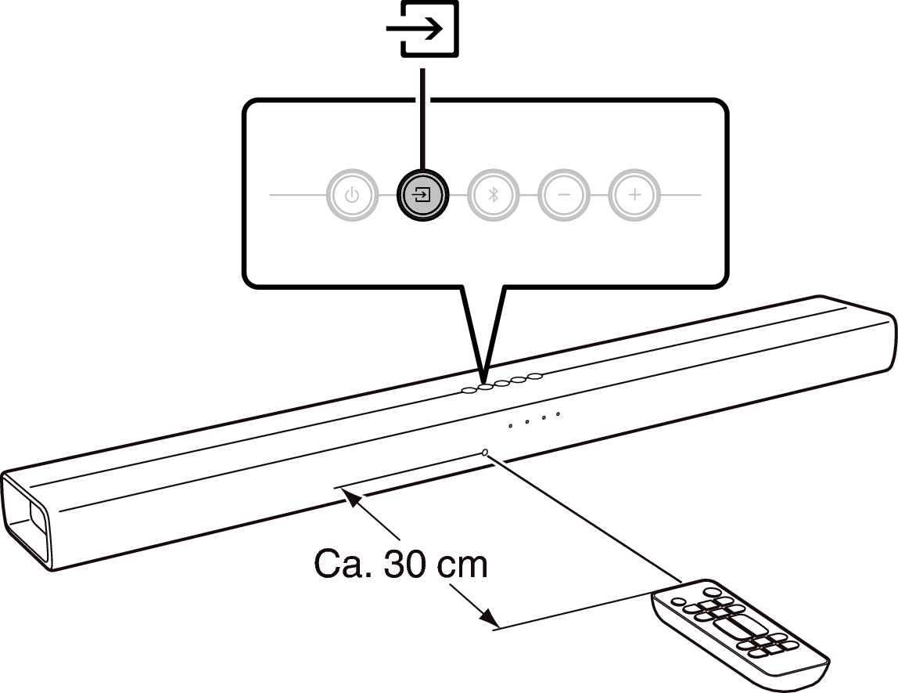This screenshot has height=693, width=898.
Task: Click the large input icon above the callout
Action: [422, 28]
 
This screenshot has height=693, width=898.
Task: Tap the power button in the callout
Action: [352, 195]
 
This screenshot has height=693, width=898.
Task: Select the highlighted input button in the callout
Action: [422, 195]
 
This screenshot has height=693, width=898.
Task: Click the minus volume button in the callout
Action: [564, 195]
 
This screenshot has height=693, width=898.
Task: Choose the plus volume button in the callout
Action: [634, 195]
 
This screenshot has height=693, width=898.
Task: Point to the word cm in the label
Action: [462, 566]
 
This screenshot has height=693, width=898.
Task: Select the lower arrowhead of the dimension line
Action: [488, 618]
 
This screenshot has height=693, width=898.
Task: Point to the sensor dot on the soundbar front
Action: [486, 453]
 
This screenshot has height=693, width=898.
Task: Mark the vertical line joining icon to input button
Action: [422, 119]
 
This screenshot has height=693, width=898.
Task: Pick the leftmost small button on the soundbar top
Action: [469, 391]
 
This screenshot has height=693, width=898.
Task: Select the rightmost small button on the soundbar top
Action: [535, 377]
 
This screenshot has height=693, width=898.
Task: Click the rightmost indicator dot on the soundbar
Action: [558, 414]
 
